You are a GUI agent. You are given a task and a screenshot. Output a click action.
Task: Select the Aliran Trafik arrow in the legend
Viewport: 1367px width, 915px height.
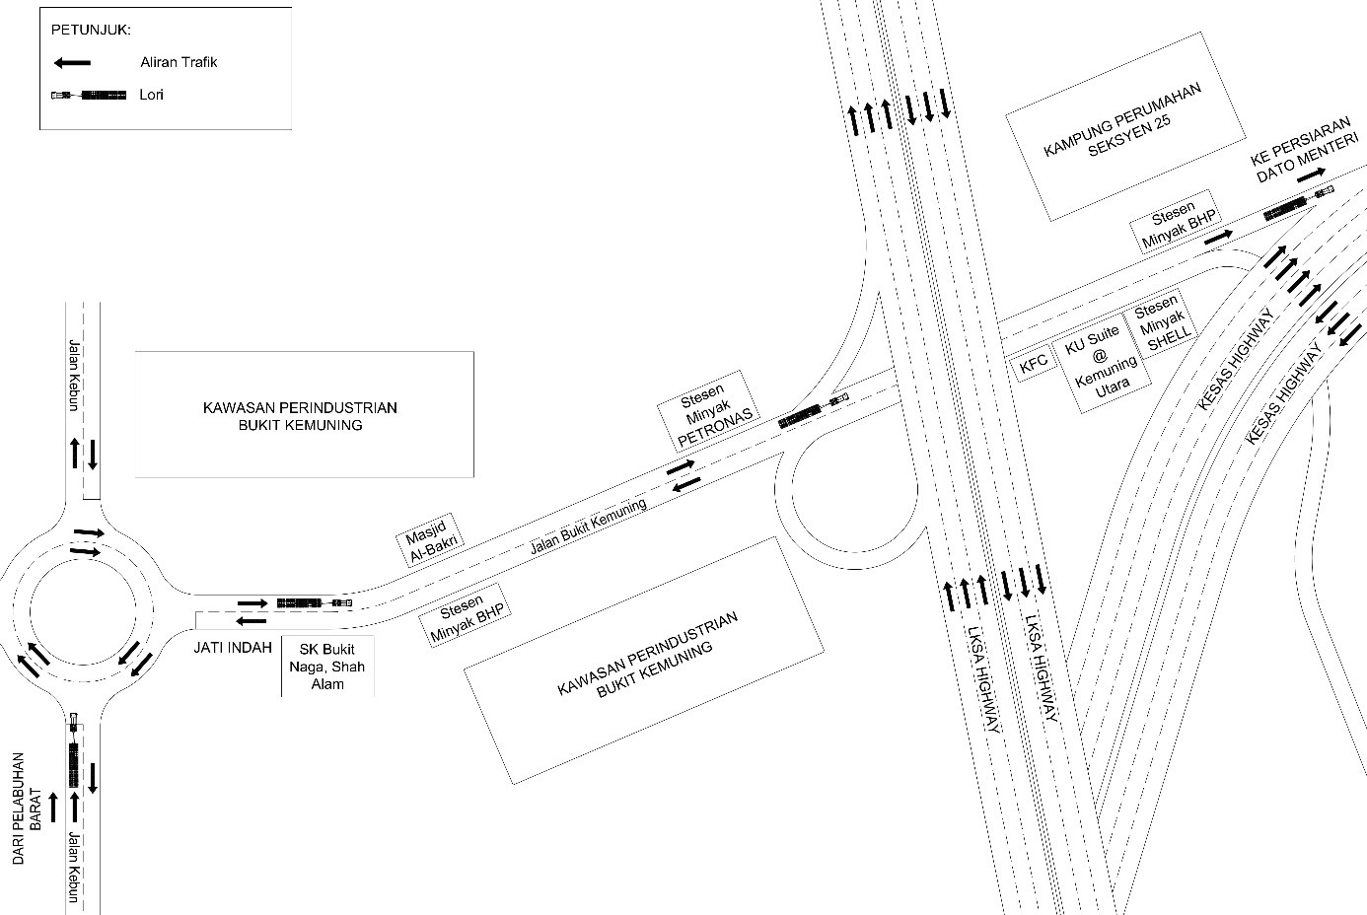72,63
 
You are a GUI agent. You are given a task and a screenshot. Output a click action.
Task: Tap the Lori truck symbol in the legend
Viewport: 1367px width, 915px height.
89,95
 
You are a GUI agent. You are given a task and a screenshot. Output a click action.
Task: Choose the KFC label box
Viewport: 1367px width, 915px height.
1033,363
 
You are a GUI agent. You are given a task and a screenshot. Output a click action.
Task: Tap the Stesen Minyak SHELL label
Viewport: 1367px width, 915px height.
1163,319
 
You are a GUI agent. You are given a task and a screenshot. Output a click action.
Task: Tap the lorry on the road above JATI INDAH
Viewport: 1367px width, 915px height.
314,601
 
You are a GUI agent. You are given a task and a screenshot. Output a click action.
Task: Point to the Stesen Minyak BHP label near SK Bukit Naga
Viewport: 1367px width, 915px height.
468,620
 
